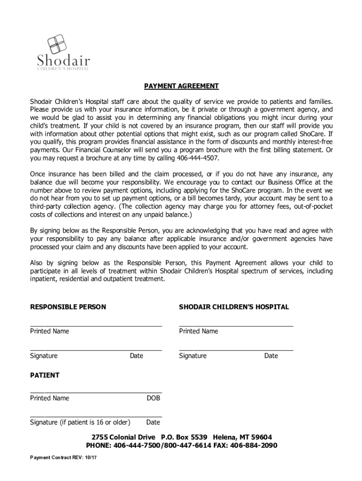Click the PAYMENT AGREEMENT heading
coord(181,86)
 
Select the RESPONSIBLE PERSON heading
coord(68,307)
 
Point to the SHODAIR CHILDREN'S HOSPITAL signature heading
coord(234,307)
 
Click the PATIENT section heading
coord(45,375)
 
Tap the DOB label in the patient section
coord(153,398)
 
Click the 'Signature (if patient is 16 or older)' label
coord(80,422)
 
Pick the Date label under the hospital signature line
coord(271,356)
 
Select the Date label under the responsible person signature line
coord(136,356)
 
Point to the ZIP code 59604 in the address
coord(261,437)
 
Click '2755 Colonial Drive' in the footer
coord(123,437)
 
